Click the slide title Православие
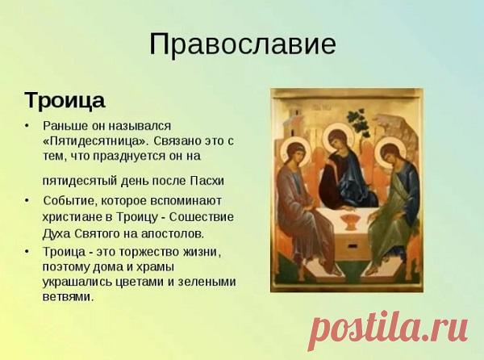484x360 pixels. pyautogui.click(x=242, y=44)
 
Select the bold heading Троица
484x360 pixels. pyautogui.click(x=65, y=102)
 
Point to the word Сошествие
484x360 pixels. pyautogui.click(x=206, y=217)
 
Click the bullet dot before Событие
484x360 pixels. pyautogui.click(x=27, y=199)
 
